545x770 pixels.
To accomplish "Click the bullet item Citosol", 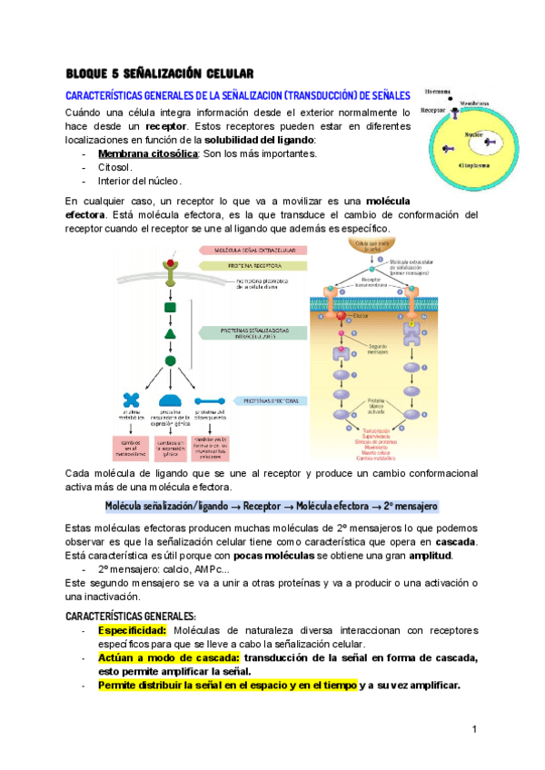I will (x=116, y=168).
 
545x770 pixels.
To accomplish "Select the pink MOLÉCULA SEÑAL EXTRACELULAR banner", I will (x=259, y=249).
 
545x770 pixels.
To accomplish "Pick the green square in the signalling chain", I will (x=170, y=308).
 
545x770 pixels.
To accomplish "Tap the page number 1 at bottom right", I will (x=475, y=730).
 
